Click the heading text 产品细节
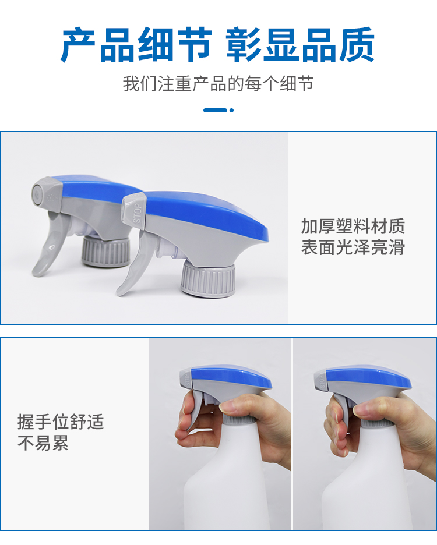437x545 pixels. click(x=136, y=45)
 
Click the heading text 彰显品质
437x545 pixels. click(x=300, y=45)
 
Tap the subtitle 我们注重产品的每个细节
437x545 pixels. click(x=218, y=84)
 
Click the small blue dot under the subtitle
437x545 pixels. click(x=232, y=110)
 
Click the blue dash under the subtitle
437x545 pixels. click(x=215, y=110)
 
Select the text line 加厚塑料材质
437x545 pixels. click(x=353, y=227)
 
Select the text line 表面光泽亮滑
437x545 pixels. click(x=353, y=247)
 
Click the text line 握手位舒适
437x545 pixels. click(x=61, y=422)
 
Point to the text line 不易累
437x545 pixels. click(x=43, y=443)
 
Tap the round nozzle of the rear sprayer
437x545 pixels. click(x=37, y=193)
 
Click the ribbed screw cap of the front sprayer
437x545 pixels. click(x=207, y=279)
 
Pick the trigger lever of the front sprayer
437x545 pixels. click(x=132, y=268)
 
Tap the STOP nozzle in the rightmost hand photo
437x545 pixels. click(x=320, y=381)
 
